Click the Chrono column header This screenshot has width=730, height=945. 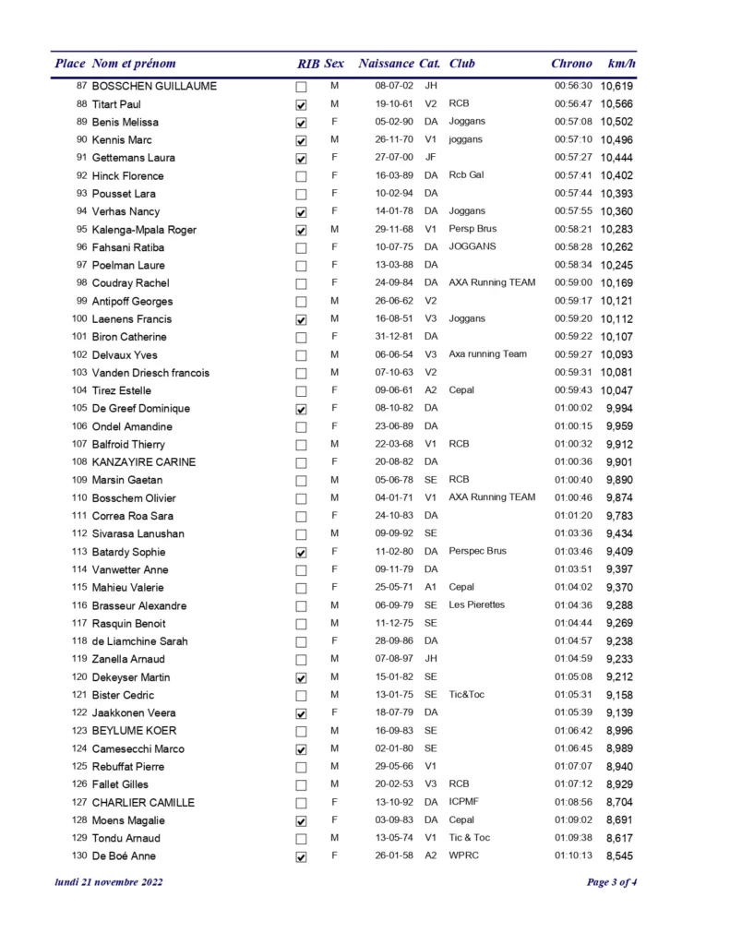571,64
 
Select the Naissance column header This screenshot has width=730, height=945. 386,64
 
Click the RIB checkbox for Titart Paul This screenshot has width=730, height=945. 301,105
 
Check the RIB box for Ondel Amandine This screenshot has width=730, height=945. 301,427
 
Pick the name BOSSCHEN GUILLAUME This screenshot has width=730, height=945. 154,87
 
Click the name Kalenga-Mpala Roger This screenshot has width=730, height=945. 144,230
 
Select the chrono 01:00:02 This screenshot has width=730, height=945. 572,409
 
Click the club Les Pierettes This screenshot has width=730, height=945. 477,605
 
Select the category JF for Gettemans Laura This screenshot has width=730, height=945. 430,158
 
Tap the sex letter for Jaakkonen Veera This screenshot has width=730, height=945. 333,712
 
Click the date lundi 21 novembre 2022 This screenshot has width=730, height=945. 110,882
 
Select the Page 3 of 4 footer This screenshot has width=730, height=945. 612,882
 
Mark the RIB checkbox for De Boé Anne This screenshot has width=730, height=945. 301,857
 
